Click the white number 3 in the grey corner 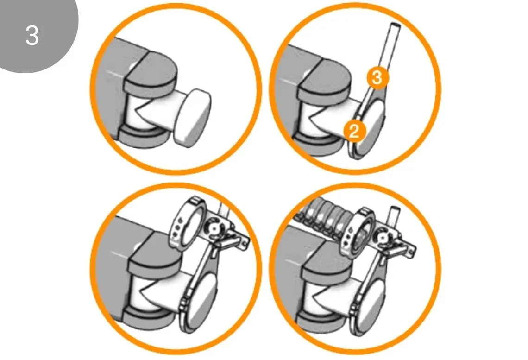pos(32,35)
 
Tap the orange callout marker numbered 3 pos(377,77)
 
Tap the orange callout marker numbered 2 pos(354,130)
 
